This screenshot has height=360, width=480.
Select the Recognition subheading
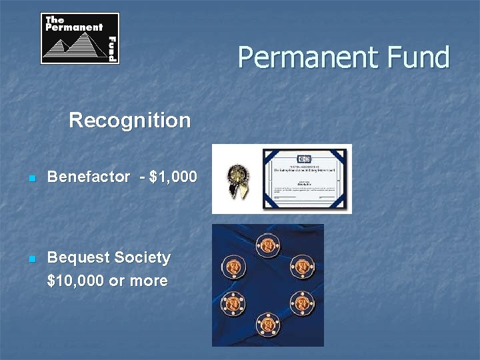click(x=129, y=121)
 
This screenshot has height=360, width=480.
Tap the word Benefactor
click(x=89, y=177)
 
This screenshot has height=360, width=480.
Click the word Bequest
click(x=78, y=257)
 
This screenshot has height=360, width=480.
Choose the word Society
click(x=142, y=257)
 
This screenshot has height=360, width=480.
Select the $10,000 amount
click(x=75, y=281)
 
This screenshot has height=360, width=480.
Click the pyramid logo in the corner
click(x=80, y=39)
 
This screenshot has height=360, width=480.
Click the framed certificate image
click(x=304, y=178)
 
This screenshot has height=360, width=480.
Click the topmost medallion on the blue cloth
click(x=268, y=246)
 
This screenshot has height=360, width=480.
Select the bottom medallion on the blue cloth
click(x=268, y=323)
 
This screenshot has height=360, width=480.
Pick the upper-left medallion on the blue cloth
click(x=233, y=267)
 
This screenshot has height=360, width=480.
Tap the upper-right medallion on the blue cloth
click(x=302, y=267)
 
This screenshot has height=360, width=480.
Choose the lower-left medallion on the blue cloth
click(x=233, y=303)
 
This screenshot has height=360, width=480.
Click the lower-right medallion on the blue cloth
click(x=302, y=303)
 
